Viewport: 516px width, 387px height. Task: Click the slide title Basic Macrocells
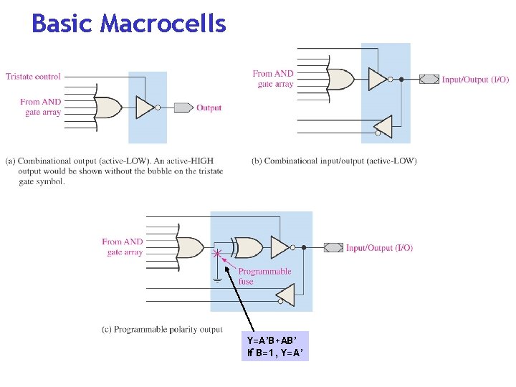tap(129, 24)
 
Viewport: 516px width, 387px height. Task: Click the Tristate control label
tap(33, 76)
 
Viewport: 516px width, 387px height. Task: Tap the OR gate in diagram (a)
tap(108, 107)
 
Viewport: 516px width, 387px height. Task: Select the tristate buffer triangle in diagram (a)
tap(145, 107)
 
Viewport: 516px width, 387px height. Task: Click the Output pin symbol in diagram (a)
tap(184, 107)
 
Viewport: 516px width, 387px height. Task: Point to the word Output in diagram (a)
tap(209, 108)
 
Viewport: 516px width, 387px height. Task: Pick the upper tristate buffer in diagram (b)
tap(378, 79)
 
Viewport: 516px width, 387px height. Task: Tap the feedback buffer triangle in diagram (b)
tap(383, 126)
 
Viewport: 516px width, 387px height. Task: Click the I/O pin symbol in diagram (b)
tap(429, 80)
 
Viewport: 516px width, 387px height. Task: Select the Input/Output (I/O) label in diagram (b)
tap(475, 80)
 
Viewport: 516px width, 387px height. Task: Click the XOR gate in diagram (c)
tap(247, 247)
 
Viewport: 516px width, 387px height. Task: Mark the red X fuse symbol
tap(217, 254)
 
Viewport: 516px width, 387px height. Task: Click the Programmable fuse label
tap(264, 276)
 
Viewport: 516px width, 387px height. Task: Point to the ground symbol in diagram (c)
tap(217, 279)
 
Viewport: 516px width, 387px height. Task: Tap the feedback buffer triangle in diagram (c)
tap(285, 294)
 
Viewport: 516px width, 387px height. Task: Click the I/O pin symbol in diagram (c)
tap(333, 248)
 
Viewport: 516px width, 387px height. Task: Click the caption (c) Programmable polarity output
tap(162, 330)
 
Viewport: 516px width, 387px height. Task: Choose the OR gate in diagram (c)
tap(191, 247)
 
